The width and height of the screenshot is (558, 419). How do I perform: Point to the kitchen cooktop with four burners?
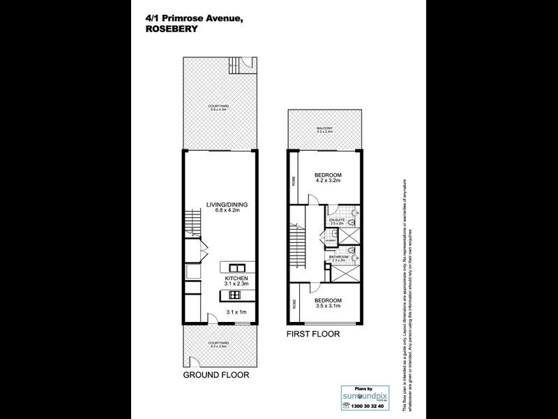(234, 294)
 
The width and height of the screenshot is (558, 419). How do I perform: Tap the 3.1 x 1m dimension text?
(237, 311)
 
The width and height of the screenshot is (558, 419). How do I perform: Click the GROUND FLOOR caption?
(216, 374)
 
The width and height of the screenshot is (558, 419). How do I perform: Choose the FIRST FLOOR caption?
(313, 335)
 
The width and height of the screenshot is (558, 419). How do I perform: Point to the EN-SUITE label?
(338, 220)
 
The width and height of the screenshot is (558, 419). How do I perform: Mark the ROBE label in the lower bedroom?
(294, 304)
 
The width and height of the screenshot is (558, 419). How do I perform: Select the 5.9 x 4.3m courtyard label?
(221, 108)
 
